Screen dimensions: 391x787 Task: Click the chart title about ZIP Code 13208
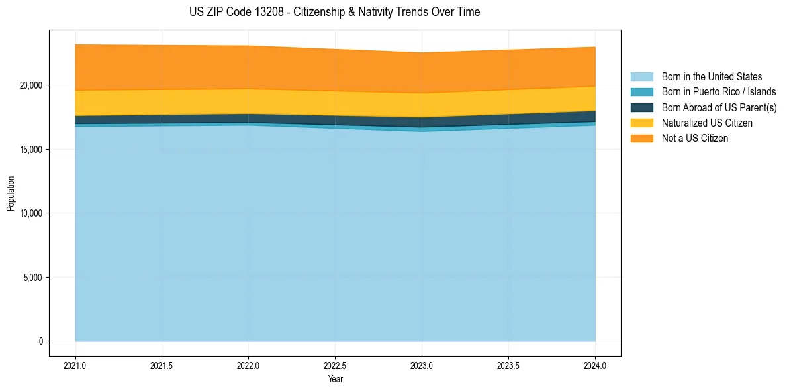(x=335, y=12)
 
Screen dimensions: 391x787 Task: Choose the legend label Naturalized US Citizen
(x=707, y=123)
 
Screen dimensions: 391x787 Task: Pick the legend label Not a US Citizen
(x=695, y=139)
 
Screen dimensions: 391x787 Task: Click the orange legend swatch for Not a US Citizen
(x=641, y=139)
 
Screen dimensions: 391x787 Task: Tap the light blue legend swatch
(x=641, y=77)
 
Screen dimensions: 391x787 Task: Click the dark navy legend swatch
(x=641, y=107)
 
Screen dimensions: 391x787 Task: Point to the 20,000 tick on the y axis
(x=30, y=85)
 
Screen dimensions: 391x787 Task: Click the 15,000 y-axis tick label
(x=30, y=150)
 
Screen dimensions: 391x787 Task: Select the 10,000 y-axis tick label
(x=30, y=213)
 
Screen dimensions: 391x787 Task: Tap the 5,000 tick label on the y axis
(x=32, y=278)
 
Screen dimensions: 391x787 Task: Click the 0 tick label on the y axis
(x=40, y=341)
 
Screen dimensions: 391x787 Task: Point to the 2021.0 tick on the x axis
(x=75, y=365)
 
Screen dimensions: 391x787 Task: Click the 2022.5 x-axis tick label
(x=335, y=365)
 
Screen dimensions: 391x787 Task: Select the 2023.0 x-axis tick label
(x=422, y=365)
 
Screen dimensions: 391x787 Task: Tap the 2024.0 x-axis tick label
(x=595, y=365)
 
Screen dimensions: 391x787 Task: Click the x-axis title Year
(x=335, y=380)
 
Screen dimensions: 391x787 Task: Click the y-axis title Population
(x=11, y=193)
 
